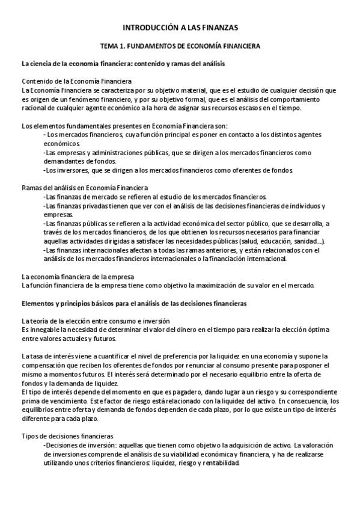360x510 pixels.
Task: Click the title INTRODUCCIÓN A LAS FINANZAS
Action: pos(180,27)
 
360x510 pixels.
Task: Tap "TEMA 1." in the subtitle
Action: pos(115,46)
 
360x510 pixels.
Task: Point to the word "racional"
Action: pos(34,108)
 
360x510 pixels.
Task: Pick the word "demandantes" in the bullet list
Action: pos(66,162)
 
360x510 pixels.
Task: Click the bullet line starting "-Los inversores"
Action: pos(168,171)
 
